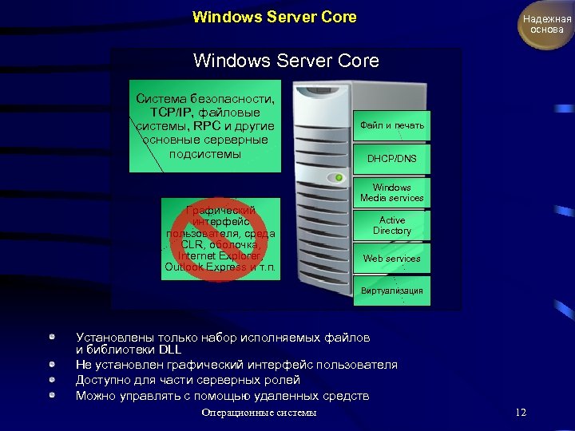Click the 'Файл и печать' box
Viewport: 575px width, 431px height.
pyautogui.click(x=392, y=126)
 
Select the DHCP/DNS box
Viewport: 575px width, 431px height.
pyautogui.click(x=392, y=159)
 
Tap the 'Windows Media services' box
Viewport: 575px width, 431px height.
pyautogui.click(x=392, y=192)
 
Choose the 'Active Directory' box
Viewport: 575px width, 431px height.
pyautogui.click(x=392, y=225)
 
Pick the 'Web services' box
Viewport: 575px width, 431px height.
pyautogui.click(x=392, y=259)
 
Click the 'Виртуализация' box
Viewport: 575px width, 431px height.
pyautogui.click(x=392, y=291)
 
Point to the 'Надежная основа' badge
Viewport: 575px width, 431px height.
pyautogui.click(x=547, y=24)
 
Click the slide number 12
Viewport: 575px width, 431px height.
pyautogui.click(x=521, y=413)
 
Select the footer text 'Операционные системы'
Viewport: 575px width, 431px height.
pyautogui.click(x=260, y=413)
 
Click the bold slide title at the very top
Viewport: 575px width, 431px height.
pyautogui.click(x=275, y=17)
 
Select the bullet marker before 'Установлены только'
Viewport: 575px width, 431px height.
pyautogui.click(x=52, y=338)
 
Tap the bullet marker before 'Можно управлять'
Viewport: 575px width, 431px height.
pyautogui.click(x=52, y=395)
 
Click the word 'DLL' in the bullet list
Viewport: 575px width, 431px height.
pyautogui.click(x=169, y=350)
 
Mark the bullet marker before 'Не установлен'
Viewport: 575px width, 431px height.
pyautogui.click(x=52, y=365)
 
